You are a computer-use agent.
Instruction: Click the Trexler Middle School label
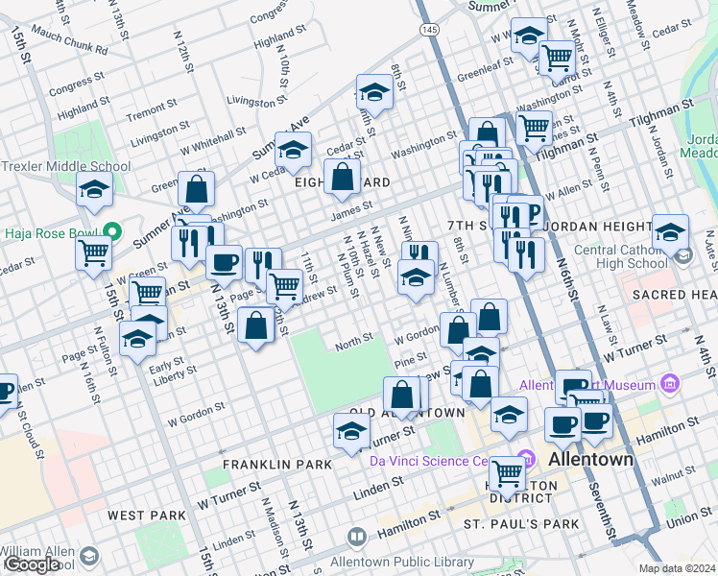pyautogui.click(x=65, y=166)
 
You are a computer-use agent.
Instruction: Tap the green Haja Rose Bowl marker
pyautogui.click(x=112, y=231)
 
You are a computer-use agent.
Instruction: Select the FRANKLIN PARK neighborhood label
pyautogui.click(x=276, y=465)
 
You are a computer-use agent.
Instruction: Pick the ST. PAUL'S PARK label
pyautogui.click(x=521, y=524)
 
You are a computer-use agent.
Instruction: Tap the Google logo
pyautogui.click(x=32, y=564)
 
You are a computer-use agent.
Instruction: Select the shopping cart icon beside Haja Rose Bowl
pyautogui.click(x=94, y=252)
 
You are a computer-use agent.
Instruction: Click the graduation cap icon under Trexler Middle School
pyautogui.click(x=94, y=191)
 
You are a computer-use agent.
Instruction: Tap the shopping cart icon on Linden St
pyautogui.click(x=507, y=472)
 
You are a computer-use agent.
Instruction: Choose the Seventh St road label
pyautogui.click(x=606, y=516)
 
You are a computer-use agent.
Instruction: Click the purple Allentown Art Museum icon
pyautogui.click(x=670, y=385)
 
